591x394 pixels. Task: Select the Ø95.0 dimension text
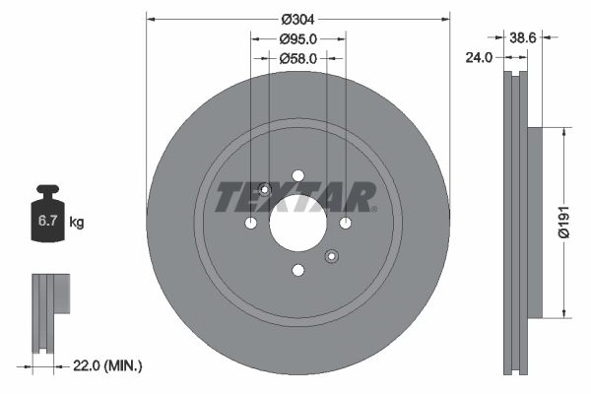pos(297,39)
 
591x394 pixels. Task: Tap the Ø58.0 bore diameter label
pos(297,59)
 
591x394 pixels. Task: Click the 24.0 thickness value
pos(478,58)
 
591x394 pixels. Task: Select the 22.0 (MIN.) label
pos(108,365)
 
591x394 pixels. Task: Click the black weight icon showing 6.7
pos(47,219)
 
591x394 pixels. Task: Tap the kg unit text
pos(77,223)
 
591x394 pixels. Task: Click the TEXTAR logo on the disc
pos(295,198)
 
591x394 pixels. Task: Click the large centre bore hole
pos(297,226)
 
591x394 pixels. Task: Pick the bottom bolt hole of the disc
pos(297,273)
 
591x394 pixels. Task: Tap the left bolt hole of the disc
pos(250,226)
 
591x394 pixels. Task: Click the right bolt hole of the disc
pos(345,226)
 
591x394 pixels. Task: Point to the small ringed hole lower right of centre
pos(332,258)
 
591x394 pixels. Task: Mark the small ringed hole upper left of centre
pos(264,192)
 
